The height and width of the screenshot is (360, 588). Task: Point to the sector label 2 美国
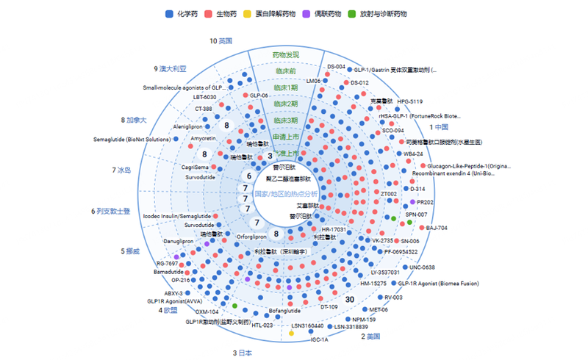(370, 336)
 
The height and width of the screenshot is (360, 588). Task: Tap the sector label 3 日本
(243, 353)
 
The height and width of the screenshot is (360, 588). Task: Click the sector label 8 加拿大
(135, 120)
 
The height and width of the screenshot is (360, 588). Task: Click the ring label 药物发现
(286, 55)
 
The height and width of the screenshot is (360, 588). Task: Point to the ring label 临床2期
(286, 104)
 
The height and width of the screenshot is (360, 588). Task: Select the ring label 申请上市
(286, 137)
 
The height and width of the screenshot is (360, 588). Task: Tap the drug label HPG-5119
(410, 101)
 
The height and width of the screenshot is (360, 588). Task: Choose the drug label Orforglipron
(254, 237)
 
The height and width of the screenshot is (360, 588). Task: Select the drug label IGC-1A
(320, 339)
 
